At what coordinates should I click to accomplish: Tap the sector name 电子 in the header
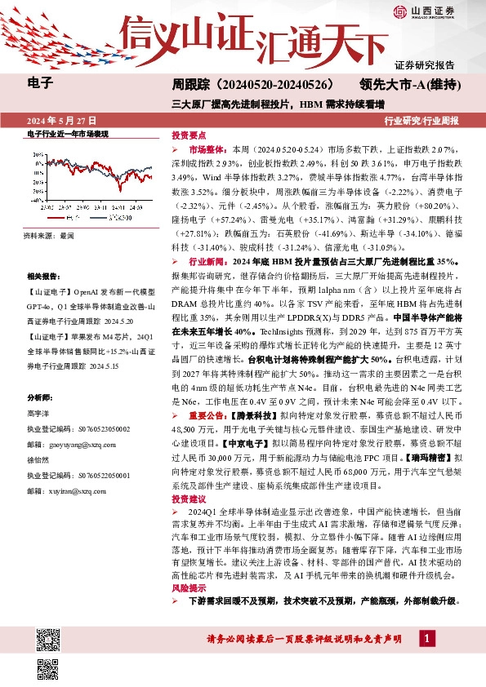tap(40, 82)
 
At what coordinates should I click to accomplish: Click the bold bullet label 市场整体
tap(208, 151)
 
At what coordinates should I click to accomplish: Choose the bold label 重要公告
tap(207, 414)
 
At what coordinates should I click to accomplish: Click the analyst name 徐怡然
tap(38, 458)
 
